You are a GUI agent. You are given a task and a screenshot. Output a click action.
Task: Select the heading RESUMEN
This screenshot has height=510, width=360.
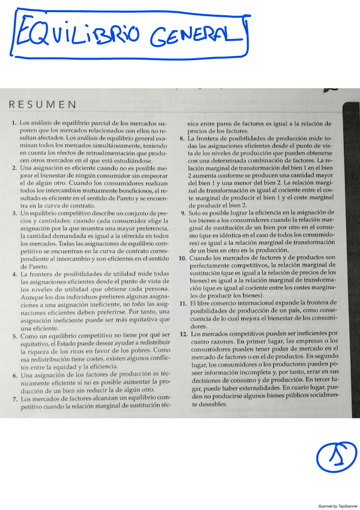[42, 105]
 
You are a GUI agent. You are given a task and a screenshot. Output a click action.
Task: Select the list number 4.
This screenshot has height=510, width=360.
[14, 274]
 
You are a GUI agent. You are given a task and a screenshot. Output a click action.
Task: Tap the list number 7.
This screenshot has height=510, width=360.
[14, 398]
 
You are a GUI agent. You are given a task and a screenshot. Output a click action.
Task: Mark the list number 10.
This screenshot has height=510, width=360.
[183, 257]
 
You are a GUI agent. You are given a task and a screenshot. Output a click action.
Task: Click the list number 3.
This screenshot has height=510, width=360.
[14, 214]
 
